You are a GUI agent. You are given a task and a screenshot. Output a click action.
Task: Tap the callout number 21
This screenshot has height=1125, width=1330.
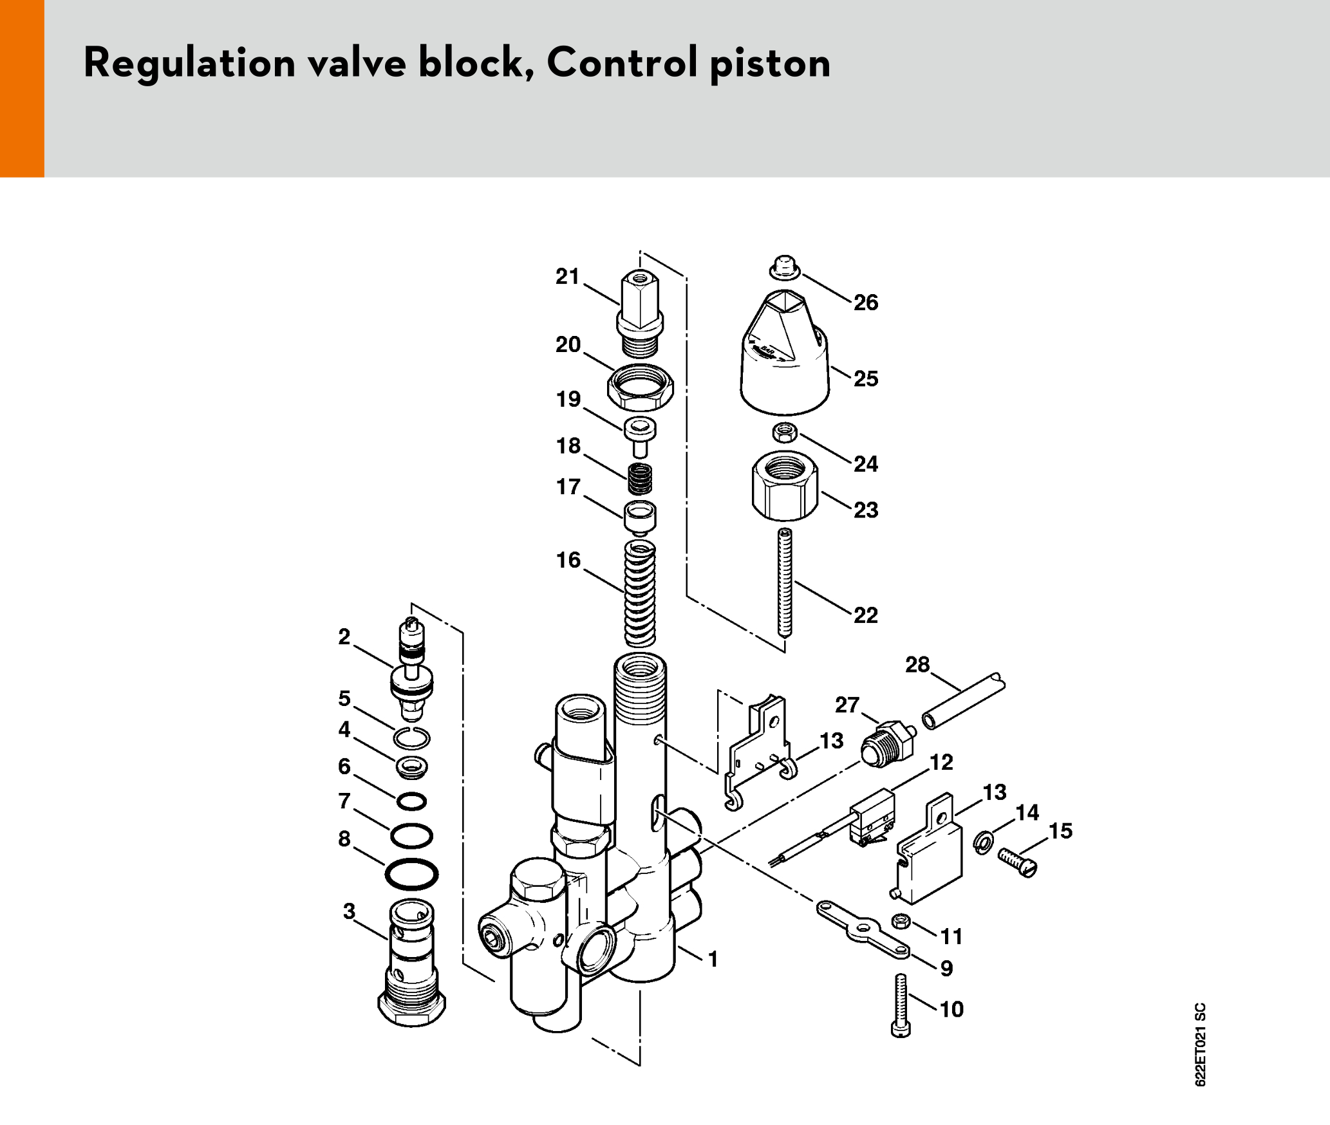click(x=567, y=277)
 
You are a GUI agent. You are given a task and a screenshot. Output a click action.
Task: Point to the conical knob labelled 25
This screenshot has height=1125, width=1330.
click(x=785, y=360)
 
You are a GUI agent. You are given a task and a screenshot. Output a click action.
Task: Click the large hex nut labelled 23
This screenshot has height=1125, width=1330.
click(x=785, y=486)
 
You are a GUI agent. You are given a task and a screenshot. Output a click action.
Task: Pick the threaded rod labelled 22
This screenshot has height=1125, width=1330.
click(x=785, y=582)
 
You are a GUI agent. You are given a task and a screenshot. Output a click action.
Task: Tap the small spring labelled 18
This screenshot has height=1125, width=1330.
click(x=639, y=479)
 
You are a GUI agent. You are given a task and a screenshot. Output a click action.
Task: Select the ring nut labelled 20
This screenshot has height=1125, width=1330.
click(x=640, y=387)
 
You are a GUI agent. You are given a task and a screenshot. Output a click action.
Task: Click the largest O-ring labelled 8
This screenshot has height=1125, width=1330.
click(x=411, y=875)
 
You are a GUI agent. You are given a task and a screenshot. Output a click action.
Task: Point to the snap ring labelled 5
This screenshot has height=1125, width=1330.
click(x=411, y=738)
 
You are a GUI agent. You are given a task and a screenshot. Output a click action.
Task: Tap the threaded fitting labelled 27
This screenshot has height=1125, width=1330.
click(x=888, y=745)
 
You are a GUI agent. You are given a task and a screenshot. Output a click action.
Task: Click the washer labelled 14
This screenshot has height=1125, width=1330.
click(x=982, y=841)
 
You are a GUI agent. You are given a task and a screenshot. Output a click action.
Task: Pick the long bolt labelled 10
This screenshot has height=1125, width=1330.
click(x=901, y=1005)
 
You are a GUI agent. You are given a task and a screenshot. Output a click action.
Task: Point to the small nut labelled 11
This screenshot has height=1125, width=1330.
click(x=901, y=922)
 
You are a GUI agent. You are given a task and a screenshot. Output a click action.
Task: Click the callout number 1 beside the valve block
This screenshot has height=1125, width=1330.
click(x=713, y=959)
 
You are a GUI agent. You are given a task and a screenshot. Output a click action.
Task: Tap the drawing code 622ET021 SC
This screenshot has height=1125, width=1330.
click(x=1200, y=1044)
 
